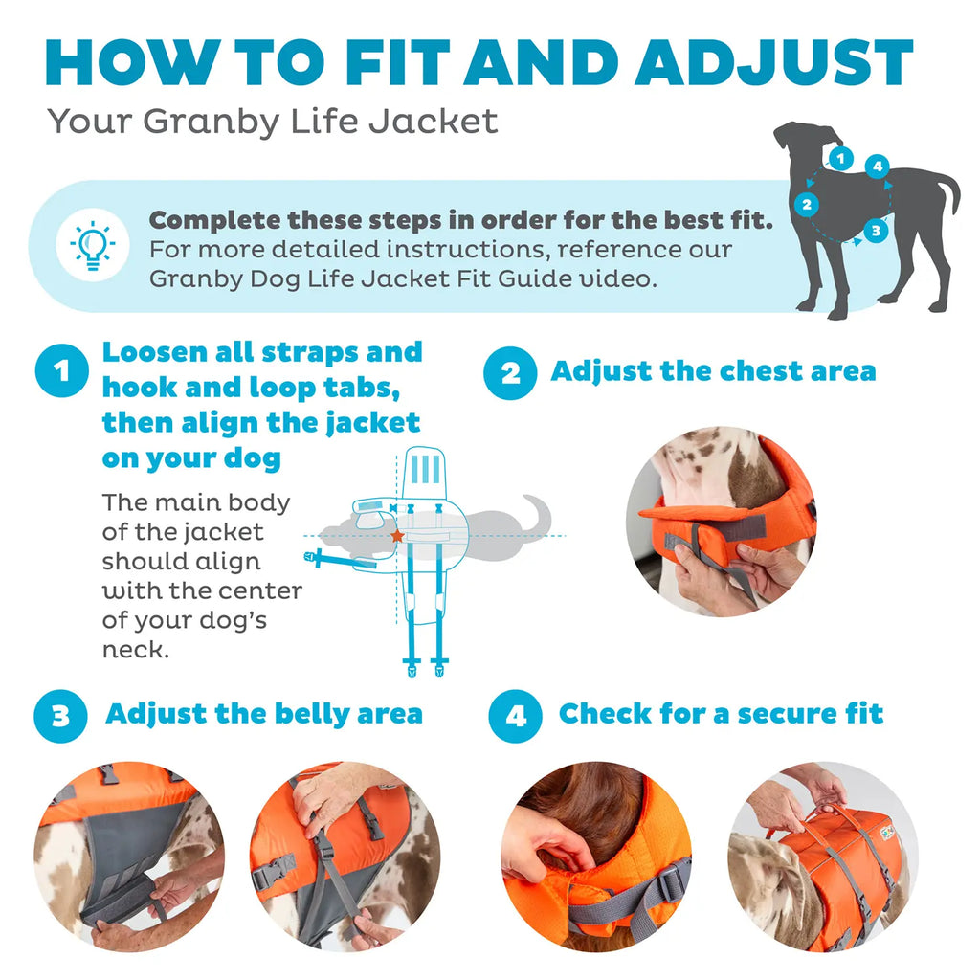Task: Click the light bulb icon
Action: coord(93,246)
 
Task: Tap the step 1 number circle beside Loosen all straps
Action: coord(61,372)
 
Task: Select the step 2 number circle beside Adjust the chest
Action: coord(509,372)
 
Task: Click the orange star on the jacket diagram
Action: coord(396,536)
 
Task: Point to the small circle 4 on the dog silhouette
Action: coord(877,167)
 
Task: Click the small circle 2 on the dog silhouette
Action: coord(807,204)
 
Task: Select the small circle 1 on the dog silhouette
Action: coord(839,158)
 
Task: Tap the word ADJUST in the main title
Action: coord(773,63)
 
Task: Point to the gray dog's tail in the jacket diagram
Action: coord(541,512)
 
